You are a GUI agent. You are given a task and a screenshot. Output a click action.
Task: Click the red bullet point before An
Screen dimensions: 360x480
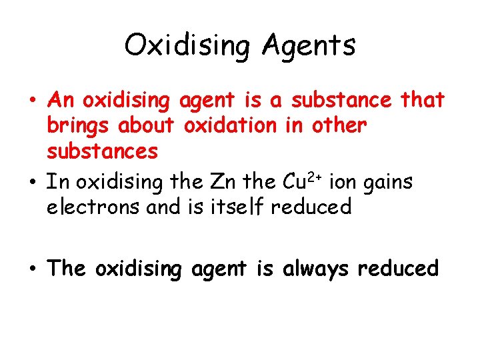click(x=32, y=101)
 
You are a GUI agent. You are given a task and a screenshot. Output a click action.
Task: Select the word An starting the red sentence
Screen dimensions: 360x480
click(x=61, y=100)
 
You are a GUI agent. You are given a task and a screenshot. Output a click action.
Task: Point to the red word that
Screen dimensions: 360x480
click(x=422, y=100)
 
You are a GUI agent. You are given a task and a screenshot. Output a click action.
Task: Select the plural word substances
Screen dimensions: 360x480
click(x=102, y=151)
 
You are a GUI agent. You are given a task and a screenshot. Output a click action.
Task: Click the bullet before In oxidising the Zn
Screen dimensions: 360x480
click(x=32, y=183)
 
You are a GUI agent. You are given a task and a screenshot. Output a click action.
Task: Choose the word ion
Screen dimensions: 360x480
click(x=341, y=181)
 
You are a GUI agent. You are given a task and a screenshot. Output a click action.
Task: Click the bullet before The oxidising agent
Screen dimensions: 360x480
click(x=32, y=269)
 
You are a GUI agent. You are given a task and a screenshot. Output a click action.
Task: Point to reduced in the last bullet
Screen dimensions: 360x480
click(x=399, y=268)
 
